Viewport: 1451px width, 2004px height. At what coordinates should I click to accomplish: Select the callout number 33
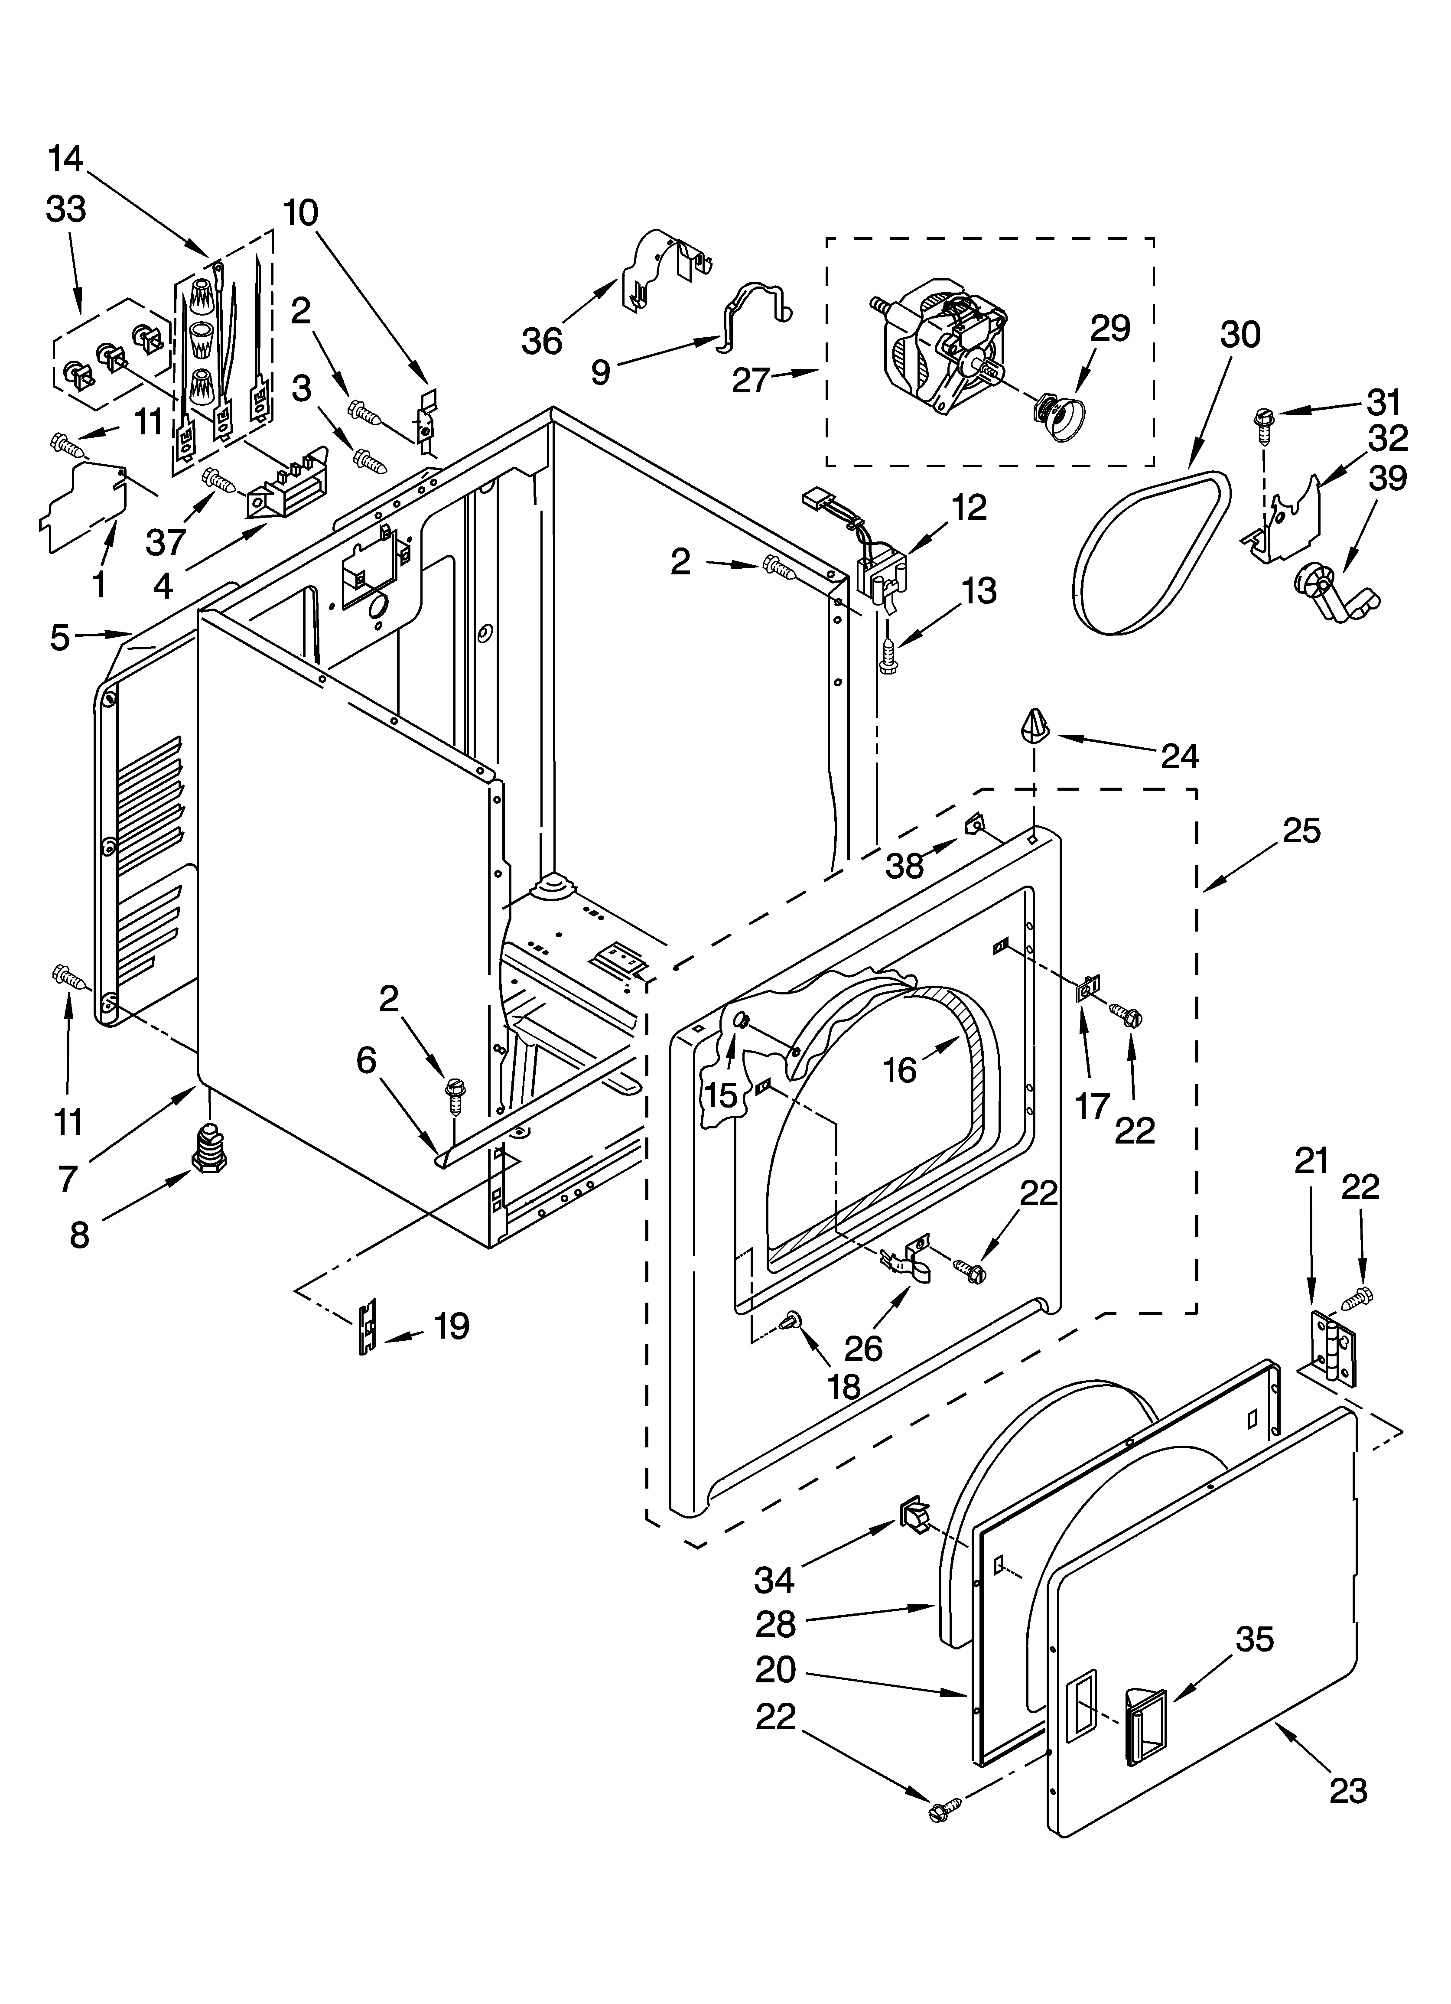tap(66, 209)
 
